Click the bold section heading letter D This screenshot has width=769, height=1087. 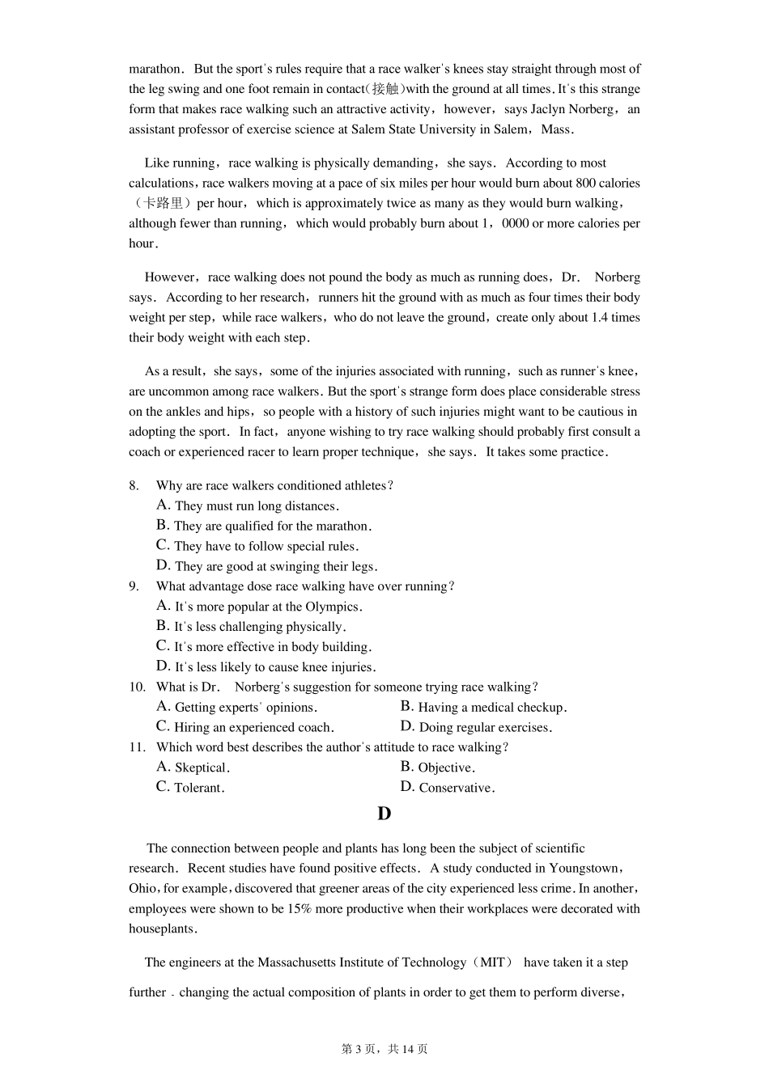(384, 814)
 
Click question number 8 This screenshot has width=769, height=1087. (134, 485)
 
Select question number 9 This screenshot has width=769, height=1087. (134, 586)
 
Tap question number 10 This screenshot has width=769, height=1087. (137, 687)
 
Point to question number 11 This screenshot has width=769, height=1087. (137, 747)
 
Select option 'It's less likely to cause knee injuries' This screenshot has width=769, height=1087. (274, 667)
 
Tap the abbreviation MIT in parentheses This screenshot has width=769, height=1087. (492, 962)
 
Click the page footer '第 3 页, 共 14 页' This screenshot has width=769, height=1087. (384, 1049)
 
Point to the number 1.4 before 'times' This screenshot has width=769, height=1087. (600, 318)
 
